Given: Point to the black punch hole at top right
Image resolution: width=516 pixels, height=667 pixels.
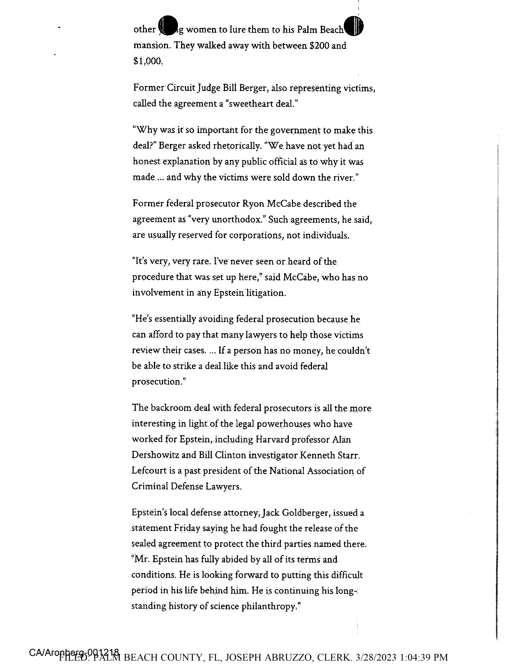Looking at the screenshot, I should (x=354, y=26).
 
